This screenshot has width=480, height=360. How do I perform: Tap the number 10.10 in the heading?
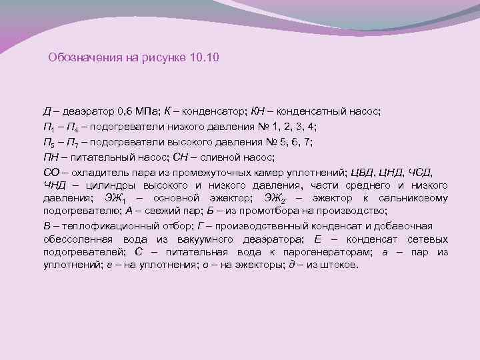pos(205,58)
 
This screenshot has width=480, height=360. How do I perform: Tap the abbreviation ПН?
pos(51,157)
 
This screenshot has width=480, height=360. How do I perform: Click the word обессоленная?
pos(75,239)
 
